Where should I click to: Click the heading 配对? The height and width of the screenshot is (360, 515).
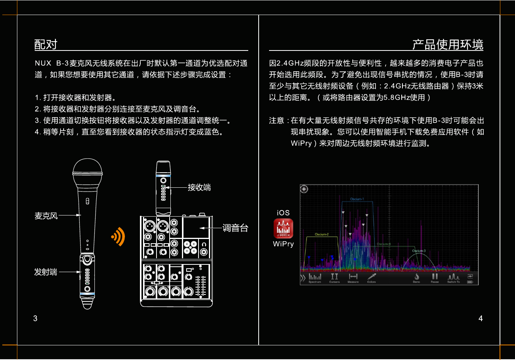[x=46, y=45]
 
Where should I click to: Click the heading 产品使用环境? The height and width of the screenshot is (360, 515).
[x=448, y=45]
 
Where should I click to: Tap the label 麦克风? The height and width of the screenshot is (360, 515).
[x=46, y=216]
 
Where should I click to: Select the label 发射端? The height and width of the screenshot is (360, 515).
[x=45, y=272]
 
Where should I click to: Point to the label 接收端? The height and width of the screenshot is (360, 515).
[x=199, y=188]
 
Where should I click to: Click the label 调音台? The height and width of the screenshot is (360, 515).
[x=235, y=228]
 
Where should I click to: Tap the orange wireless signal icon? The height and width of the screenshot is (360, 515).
[x=119, y=236]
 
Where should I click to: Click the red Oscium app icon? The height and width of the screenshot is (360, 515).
[x=283, y=229]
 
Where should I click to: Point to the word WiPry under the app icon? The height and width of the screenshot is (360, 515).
[x=283, y=244]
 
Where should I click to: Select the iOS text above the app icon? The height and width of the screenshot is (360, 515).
[x=283, y=213]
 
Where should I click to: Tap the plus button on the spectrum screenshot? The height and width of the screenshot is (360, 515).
[x=304, y=189]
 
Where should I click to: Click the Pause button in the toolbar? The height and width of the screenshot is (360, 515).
[x=435, y=278]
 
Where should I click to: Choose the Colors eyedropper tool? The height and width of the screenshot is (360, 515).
[x=371, y=278]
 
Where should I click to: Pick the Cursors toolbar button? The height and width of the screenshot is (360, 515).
[x=334, y=278]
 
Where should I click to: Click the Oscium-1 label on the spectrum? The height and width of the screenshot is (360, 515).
[x=357, y=199]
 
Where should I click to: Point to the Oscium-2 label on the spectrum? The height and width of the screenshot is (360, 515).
[x=322, y=234]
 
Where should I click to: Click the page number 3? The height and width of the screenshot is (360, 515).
[x=35, y=318]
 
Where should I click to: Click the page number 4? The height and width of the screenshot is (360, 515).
[x=480, y=318]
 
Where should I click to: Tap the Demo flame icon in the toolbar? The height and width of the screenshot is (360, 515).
[x=417, y=278]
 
